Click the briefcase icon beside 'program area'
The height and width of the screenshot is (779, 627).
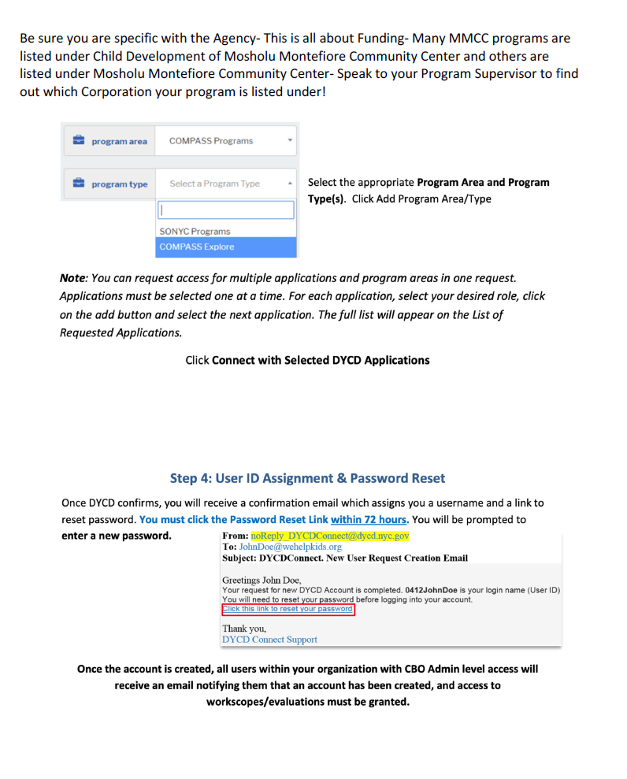(79, 141)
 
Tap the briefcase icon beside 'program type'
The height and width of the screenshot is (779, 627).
(79, 184)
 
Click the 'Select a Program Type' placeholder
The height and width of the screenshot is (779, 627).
(214, 184)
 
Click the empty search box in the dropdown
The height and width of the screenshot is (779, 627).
(226, 210)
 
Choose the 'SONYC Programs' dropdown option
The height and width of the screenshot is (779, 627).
(195, 232)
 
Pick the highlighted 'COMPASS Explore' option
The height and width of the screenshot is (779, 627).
(196, 247)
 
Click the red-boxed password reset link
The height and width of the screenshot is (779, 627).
(288, 609)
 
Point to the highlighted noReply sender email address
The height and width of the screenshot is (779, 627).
(330, 536)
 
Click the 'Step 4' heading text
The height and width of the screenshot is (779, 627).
(307, 478)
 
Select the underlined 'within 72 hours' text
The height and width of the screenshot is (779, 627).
(369, 520)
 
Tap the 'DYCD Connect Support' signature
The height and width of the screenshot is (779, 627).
(269, 640)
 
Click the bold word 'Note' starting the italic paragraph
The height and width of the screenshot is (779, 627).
(73, 279)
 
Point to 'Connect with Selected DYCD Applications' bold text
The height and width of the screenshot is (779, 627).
(321, 360)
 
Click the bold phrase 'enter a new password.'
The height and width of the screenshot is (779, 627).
(117, 536)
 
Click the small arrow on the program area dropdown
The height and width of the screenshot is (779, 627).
(290, 141)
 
